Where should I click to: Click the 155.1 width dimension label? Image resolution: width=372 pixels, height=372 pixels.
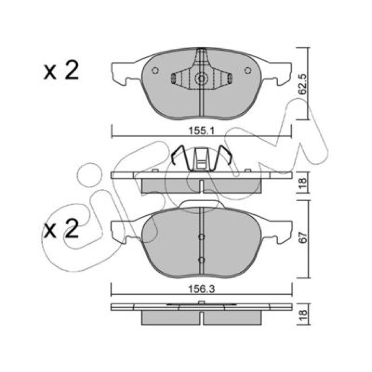(201, 131)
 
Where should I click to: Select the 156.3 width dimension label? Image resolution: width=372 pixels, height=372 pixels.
(201, 289)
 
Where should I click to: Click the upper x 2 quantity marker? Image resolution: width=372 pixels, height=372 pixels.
(61, 70)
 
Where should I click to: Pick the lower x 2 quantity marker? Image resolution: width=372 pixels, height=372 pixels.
(61, 229)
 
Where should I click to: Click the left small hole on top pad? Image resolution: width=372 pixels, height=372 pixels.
(155, 70)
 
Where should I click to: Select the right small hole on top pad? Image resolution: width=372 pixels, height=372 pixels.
(248, 70)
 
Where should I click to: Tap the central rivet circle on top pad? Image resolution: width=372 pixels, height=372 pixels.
(201, 78)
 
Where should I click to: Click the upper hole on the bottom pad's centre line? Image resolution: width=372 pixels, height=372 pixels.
(201, 237)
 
